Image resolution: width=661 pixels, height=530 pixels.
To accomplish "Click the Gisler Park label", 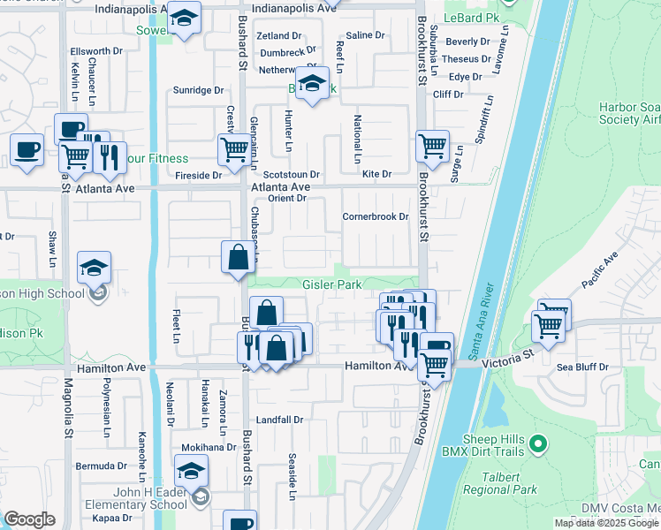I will coord(332,285).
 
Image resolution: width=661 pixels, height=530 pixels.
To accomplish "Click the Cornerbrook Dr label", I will coord(376,216).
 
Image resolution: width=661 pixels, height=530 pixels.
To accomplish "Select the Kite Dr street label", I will coord(376,174).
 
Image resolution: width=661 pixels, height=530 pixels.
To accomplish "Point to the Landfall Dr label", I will coord(279,420).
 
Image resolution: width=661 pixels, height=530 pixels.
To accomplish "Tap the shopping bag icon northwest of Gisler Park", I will coord(238,259).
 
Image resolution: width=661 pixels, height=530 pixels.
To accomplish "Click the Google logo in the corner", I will coord(29,519).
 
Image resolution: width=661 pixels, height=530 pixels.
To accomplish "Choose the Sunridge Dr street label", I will coord(198,90).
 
